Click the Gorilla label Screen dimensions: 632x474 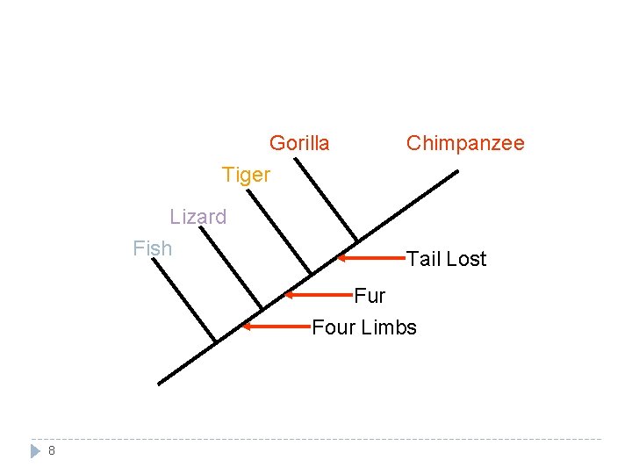tap(299, 143)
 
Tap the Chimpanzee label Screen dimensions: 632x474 tap(465, 143)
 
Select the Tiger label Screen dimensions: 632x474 tap(247, 175)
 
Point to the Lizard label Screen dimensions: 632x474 tap(198, 217)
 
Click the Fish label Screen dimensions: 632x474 tap(153, 248)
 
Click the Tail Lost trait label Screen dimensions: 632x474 tap(446, 259)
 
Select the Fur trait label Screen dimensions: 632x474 tap(370, 295)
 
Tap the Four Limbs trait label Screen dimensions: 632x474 tap(364, 327)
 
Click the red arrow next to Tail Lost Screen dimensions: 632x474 tap(372, 258)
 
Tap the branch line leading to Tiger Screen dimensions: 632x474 tap(280, 231)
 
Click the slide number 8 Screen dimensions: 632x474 tap(52, 451)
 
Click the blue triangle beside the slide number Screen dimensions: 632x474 tap(35, 451)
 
